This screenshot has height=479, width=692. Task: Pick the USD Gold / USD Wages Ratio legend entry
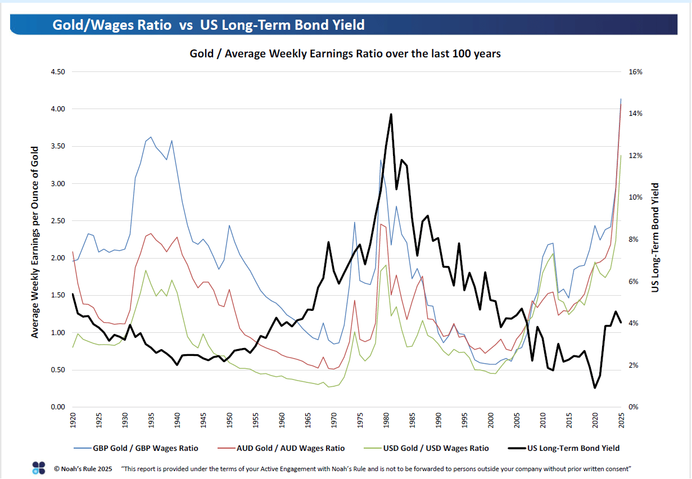pos(435,448)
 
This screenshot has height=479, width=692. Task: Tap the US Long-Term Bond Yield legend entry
pos(573,448)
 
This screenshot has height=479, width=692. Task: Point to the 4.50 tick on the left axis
pos(58,72)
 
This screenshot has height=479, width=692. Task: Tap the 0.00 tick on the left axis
pos(58,407)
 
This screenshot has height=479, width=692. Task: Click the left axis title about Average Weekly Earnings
pos(35,242)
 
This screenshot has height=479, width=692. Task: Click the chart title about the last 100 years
pos(345,54)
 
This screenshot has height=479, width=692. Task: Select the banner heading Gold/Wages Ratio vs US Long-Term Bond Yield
pos(209,25)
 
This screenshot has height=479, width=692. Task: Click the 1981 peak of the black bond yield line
pos(391,115)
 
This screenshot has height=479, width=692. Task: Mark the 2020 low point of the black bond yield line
pos(595,387)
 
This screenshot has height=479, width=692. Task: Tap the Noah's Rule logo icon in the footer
pos(39,468)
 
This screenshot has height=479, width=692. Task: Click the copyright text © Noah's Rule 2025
pos(83,468)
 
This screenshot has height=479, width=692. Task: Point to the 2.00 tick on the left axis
pos(58,258)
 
